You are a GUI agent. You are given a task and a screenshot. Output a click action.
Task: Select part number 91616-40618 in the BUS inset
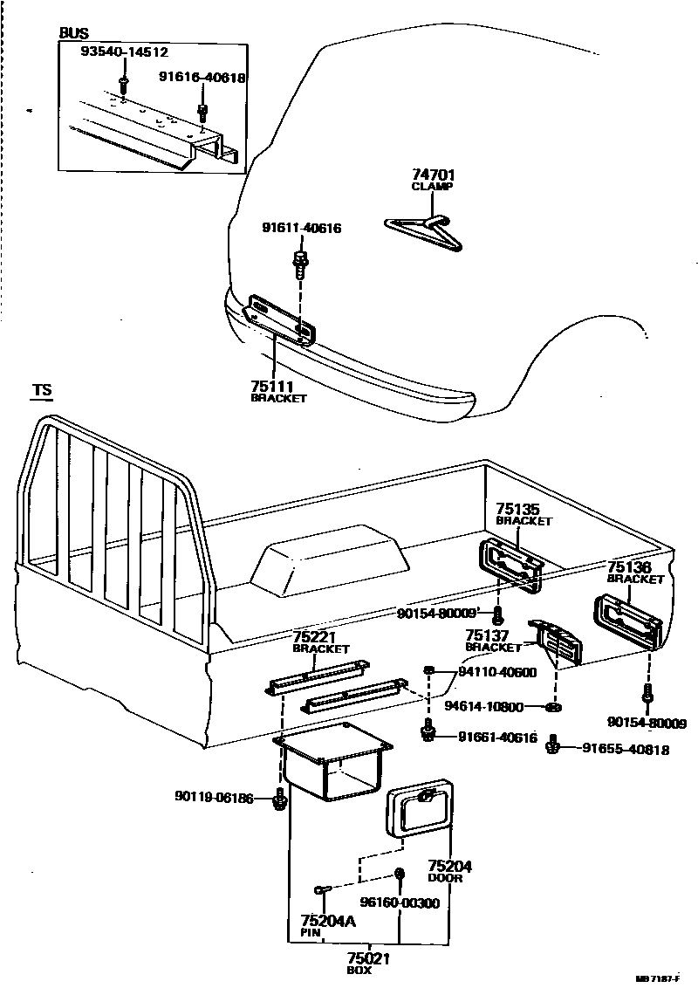(x=202, y=78)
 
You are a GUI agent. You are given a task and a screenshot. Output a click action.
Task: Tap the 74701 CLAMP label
(x=433, y=179)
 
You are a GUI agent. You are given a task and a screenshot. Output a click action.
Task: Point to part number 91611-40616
(x=301, y=229)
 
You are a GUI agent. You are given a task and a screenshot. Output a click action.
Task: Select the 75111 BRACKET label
(x=278, y=390)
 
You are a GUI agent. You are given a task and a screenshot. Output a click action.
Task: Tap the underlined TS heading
(x=41, y=390)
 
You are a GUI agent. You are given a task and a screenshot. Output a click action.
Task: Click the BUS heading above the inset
(x=73, y=33)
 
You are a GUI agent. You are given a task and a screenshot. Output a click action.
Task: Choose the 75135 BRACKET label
(x=523, y=513)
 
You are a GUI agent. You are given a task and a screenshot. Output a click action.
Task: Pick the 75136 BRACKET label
(x=635, y=572)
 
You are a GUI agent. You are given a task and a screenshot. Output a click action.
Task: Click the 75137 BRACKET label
(x=493, y=641)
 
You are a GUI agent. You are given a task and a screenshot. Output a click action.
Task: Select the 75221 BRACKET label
(x=320, y=642)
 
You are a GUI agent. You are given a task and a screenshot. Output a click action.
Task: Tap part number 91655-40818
(x=626, y=748)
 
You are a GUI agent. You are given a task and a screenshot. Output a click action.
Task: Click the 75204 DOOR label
(x=449, y=871)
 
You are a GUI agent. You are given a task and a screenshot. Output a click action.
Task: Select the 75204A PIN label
(x=327, y=925)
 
